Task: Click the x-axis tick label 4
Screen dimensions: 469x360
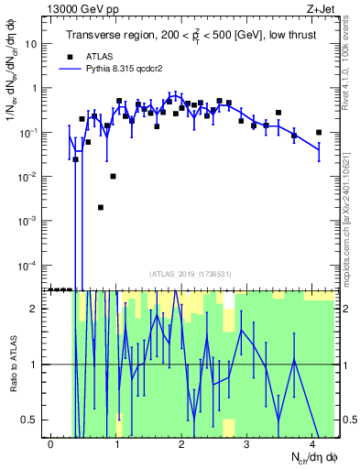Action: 312,442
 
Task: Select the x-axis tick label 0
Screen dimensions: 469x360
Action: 50,442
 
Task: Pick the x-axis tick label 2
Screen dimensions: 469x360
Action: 181,442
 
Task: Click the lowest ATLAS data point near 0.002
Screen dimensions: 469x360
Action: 101,207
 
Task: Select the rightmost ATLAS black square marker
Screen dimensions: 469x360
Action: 319,133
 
